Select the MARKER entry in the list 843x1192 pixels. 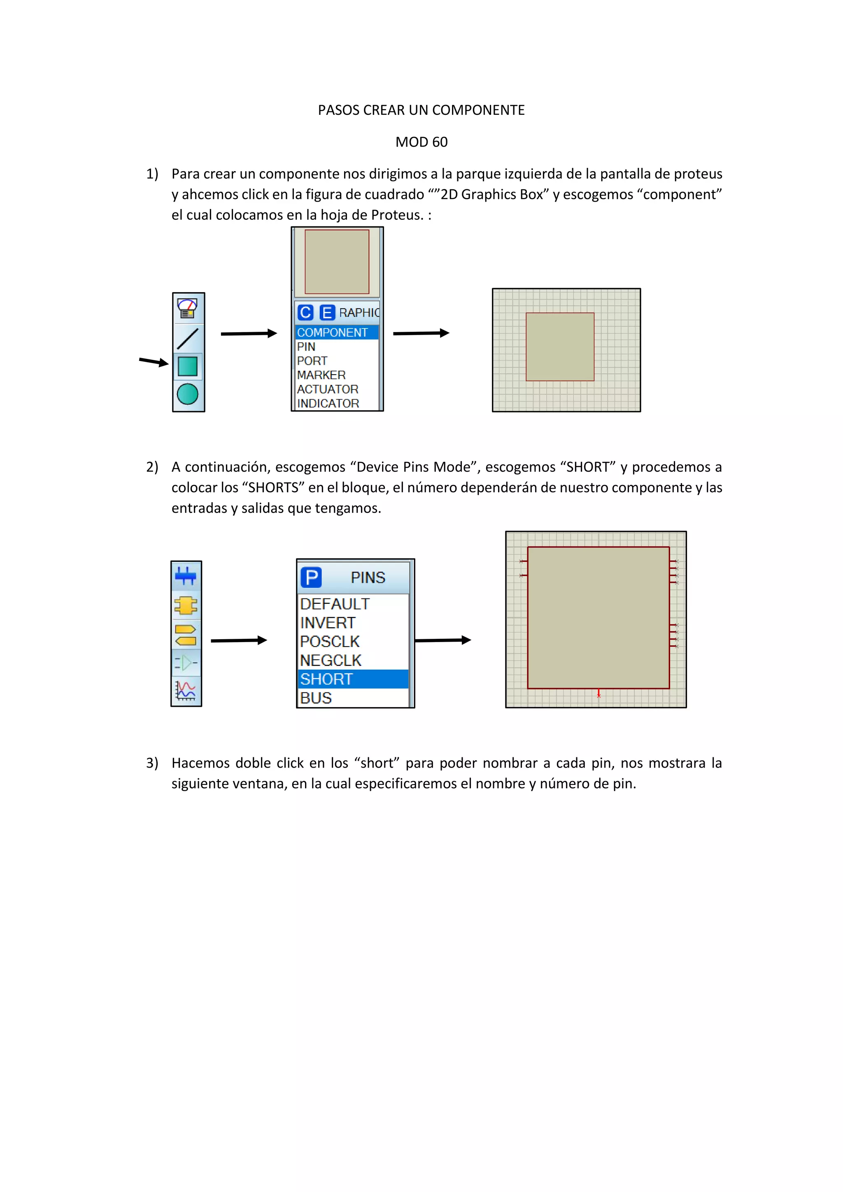(x=321, y=375)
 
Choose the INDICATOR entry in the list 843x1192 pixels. (x=328, y=403)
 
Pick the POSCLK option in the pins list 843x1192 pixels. (x=330, y=642)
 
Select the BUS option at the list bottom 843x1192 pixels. (x=316, y=698)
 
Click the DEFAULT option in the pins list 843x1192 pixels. (x=335, y=604)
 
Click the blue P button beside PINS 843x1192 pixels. (x=312, y=577)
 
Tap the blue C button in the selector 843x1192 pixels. (x=305, y=312)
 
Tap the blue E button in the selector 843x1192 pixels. (x=327, y=312)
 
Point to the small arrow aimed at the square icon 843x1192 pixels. (x=154, y=361)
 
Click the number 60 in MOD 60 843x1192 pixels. (x=440, y=142)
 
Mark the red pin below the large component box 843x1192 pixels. (x=598, y=694)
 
